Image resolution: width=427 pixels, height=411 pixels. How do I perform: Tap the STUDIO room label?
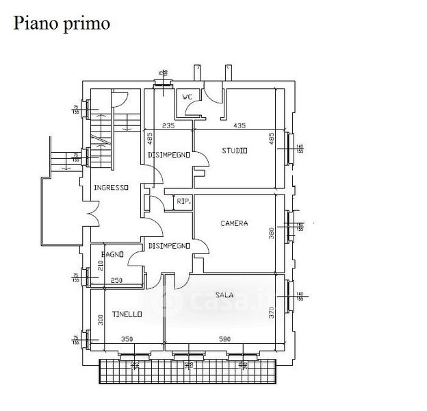point(235,151)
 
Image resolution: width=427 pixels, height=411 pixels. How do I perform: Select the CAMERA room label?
point(234,223)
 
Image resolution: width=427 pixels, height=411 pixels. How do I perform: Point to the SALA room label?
point(224,295)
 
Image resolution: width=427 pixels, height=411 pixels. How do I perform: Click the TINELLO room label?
point(127,314)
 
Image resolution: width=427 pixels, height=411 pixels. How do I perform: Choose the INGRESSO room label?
point(112,188)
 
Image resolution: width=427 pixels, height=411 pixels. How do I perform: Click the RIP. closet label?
point(183,201)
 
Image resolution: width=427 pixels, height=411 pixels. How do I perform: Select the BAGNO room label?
point(113,255)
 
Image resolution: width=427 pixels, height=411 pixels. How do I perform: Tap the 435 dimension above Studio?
point(239,126)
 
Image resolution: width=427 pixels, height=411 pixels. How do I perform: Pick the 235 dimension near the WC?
point(169,126)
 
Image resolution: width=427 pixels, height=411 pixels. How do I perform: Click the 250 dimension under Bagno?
point(116,279)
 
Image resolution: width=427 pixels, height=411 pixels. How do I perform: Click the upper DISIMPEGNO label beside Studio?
point(168,155)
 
